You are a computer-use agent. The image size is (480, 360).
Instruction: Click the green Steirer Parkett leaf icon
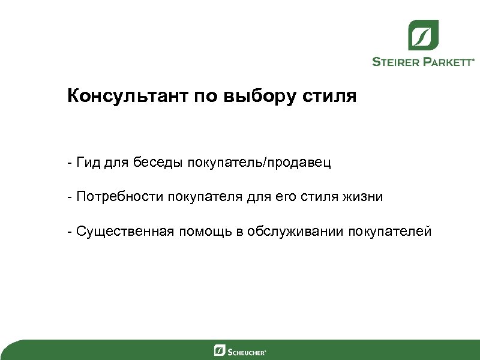tap(423, 35)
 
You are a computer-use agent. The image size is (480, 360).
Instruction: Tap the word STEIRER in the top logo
tap(399, 61)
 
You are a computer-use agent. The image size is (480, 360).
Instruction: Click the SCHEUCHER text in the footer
tap(247, 351)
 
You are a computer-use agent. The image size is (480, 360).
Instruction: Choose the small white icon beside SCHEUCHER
tap(220, 350)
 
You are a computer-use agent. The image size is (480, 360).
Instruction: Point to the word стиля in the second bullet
tap(322, 197)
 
